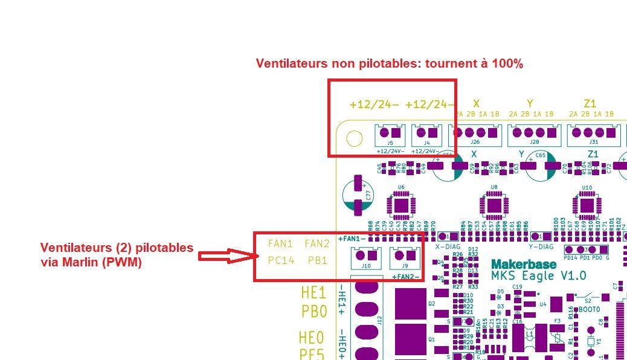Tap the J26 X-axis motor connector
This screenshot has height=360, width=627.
click(475, 135)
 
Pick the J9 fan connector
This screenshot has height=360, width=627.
click(403, 258)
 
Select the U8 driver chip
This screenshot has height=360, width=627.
click(494, 206)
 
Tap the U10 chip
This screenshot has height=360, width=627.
click(587, 206)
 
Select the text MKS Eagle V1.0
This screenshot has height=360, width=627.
click(539, 276)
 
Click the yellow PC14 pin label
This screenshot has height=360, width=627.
click(280, 260)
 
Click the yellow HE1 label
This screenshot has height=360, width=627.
click(313, 294)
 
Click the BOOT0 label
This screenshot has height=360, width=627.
click(589, 309)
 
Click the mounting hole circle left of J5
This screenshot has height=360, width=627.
click(353, 139)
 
